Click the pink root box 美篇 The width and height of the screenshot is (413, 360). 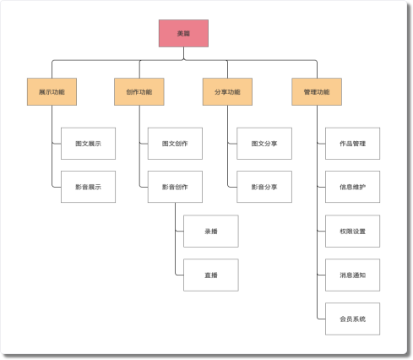[183, 33]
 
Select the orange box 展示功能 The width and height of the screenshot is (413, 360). [52, 91]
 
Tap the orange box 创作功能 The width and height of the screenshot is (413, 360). [139, 91]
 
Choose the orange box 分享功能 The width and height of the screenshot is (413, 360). [227, 91]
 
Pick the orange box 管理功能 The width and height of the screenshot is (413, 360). [317, 91]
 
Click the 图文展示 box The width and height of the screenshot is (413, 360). [88, 144]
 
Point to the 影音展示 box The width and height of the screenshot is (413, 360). [88, 187]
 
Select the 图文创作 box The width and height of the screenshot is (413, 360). [175, 144]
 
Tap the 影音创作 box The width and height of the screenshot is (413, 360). [175, 187]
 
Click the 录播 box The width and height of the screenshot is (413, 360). [211, 231]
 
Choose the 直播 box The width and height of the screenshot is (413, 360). [211, 275]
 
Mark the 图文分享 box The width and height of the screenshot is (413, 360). [264, 144]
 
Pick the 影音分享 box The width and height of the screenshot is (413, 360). [264, 187]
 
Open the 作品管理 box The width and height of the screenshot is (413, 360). [352, 144]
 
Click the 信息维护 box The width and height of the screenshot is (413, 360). [352, 187]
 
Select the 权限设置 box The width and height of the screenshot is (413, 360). [352, 231]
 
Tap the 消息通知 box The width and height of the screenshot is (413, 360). [352, 275]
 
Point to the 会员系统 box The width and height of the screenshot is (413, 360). [352, 319]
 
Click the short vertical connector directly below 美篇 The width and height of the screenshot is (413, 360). [183, 53]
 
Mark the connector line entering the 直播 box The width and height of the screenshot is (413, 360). [179, 275]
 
